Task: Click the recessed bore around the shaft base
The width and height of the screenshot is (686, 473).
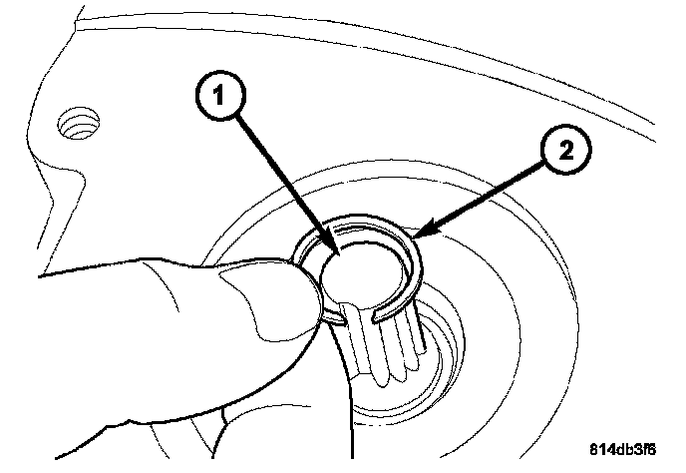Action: click(439, 359)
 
